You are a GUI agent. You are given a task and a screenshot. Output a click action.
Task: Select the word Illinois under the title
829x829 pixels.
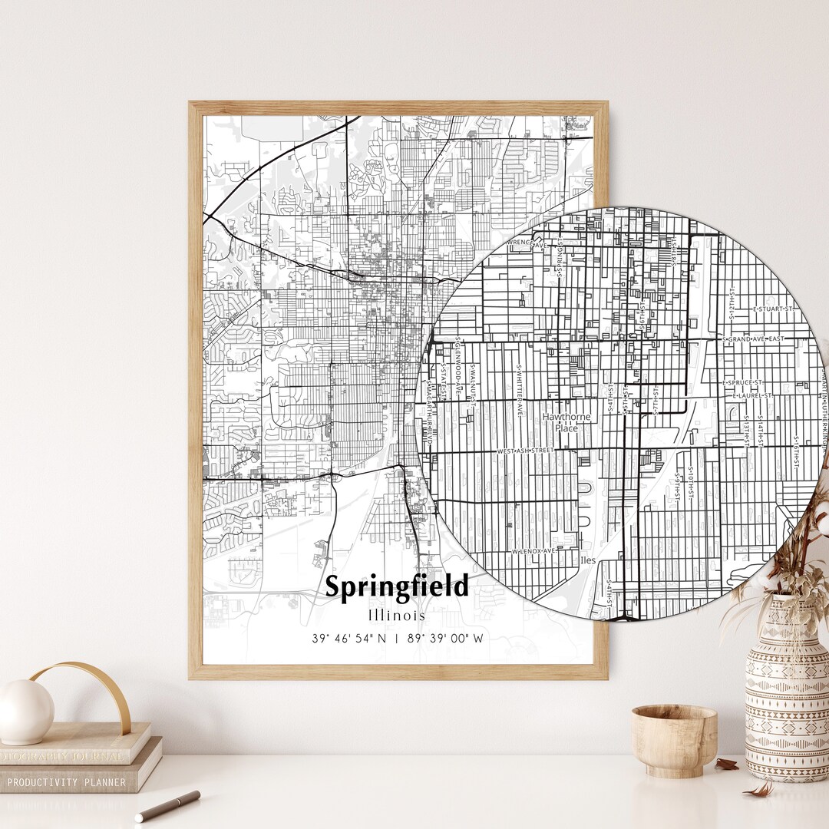(x=396, y=616)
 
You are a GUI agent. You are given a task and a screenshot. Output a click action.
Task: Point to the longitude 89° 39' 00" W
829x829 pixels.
(x=445, y=638)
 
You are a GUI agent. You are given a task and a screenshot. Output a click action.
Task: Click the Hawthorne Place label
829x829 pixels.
(x=566, y=422)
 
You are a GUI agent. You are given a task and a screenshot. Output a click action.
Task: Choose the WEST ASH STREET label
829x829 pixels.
(x=525, y=451)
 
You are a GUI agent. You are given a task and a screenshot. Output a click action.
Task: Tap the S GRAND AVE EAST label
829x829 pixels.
(x=754, y=339)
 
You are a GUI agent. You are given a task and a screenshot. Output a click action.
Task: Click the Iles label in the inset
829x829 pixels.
(x=588, y=561)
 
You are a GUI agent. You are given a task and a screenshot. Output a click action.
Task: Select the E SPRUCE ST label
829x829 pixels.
(x=741, y=381)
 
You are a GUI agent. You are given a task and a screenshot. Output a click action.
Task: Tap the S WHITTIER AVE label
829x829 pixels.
(x=520, y=390)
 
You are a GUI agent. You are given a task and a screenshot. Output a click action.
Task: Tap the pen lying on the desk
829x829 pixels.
(x=167, y=806)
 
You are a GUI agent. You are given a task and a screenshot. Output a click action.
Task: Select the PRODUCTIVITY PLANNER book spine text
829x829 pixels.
(x=67, y=782)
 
